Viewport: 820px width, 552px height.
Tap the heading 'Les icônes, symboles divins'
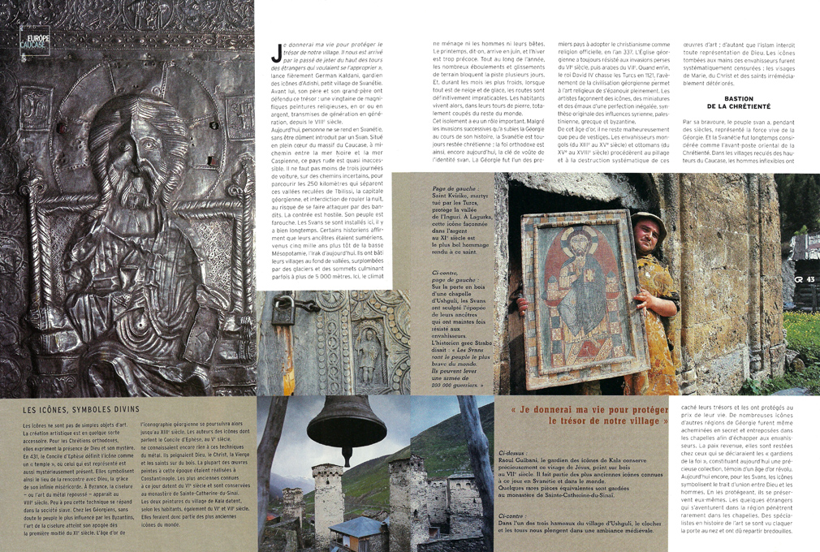(x=81, y=410)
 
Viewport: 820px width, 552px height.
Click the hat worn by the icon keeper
(x=649, y=219)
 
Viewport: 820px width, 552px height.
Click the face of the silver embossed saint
(x=138, y=154)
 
